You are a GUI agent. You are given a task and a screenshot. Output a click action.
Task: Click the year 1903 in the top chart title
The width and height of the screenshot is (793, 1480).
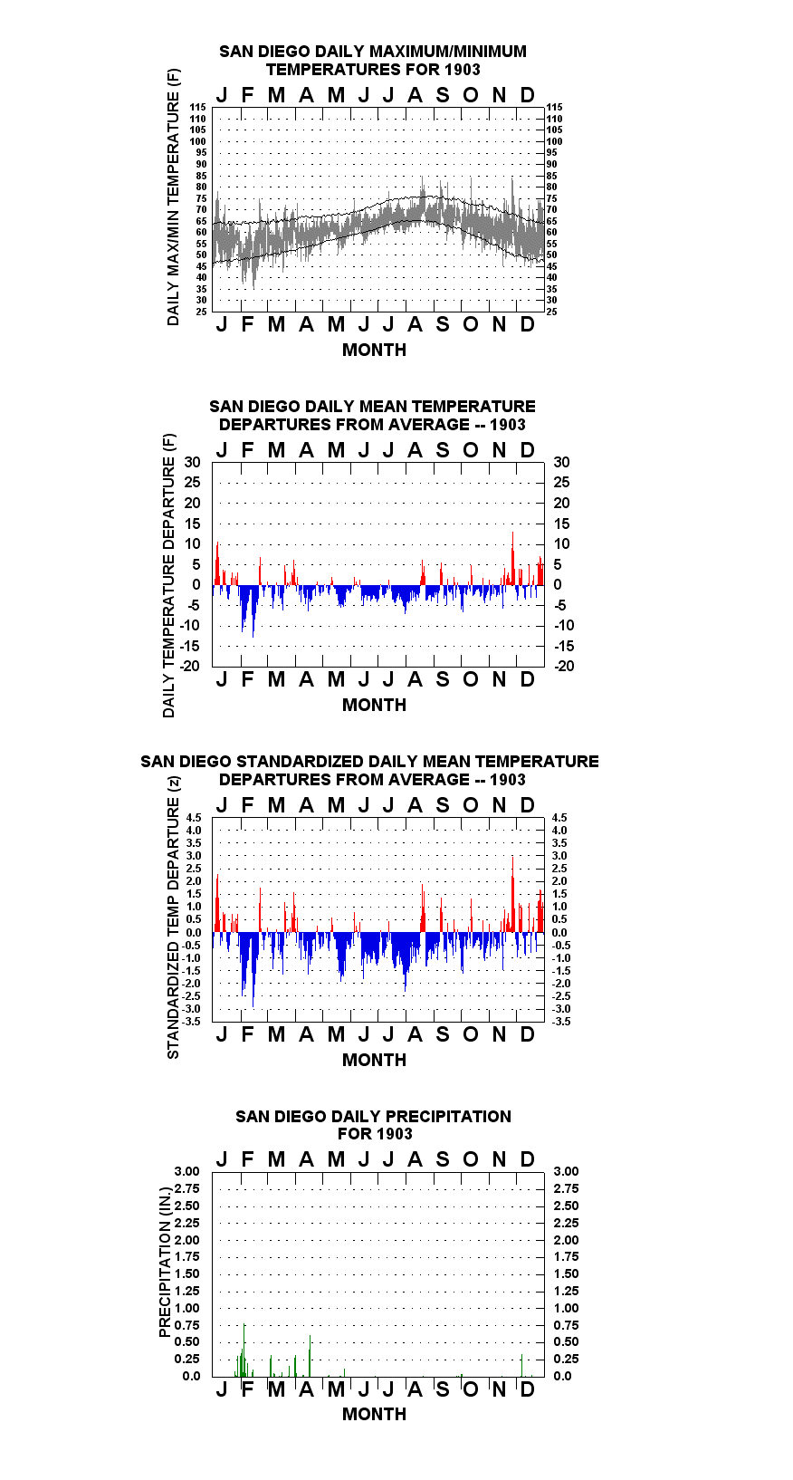pyautogui.click(x=463, y=70)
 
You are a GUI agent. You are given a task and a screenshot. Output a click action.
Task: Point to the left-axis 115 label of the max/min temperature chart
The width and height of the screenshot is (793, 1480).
pyautogui.click(x=198, y=107)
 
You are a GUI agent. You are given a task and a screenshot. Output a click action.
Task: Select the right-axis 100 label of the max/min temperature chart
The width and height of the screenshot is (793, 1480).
pyautogui.click(x=555, y=141)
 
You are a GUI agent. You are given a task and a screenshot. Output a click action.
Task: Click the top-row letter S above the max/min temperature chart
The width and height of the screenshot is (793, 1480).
pyautogui.click(x=443, y=96)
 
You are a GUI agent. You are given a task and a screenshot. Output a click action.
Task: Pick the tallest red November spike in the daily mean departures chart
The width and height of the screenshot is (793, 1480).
pyautogui.click(x=512, y=558)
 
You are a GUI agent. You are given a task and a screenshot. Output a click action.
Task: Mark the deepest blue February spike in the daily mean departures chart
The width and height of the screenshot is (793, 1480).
pyautogui.click(x=253, y=611)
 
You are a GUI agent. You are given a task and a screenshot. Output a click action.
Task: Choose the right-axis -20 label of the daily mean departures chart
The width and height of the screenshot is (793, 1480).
pyautogui.click(x=565, y=666)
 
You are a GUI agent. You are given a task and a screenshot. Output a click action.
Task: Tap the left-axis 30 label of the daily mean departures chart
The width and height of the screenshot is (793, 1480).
pyautogui.click(x=192, y=463)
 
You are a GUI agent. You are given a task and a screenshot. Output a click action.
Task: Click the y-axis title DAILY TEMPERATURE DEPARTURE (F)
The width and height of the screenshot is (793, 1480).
pyautogui.click(x=169, y=575)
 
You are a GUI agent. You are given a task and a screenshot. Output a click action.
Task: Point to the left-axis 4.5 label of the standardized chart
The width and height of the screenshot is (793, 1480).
pyautogui.click(x=194, y=818)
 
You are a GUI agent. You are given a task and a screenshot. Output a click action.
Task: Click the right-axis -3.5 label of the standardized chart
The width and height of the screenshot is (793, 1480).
pyautogui.click(x=561, y=1022)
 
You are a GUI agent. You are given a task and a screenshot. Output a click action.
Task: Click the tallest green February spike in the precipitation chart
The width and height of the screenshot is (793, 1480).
pyautogui.click(x=244, y=1350)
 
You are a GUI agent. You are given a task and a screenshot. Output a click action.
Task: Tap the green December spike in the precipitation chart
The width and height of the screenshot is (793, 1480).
pyautogui.click(x=521, y=1365)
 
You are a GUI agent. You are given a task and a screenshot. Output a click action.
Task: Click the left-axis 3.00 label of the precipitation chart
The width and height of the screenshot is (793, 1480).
pyautogui.click(x=186, y=1171)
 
